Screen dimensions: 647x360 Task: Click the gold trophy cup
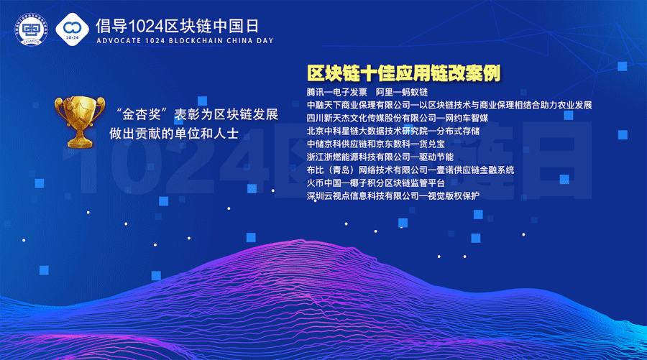[80, 121]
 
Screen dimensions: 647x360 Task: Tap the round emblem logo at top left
[32, 29]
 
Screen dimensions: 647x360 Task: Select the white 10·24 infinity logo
[72, 29]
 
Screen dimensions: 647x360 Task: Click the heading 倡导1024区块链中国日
[178, 27]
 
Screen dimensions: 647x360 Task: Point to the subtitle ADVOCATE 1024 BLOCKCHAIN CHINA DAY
[185, 41]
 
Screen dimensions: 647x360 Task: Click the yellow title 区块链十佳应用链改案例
[403, 73]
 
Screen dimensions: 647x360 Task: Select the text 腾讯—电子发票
[336, 92]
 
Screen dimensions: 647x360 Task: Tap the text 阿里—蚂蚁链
[401, 92]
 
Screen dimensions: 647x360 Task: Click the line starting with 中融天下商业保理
[449, 105]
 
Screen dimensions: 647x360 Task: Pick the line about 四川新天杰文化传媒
[398, 118]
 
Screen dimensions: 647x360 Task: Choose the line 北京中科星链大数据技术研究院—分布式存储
[393, 131]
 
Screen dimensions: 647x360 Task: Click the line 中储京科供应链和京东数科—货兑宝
[376, 144]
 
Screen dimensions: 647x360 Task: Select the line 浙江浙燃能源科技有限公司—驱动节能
[380, 157]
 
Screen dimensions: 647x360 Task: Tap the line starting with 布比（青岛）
[410, 170]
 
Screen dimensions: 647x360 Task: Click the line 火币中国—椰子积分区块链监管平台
[376, 183]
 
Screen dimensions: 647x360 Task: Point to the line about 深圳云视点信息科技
[393, 196]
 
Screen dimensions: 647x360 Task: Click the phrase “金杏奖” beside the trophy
[141, 114]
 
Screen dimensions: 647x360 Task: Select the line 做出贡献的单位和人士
[174, 134]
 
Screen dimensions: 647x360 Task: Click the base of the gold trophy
[80, 143]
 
